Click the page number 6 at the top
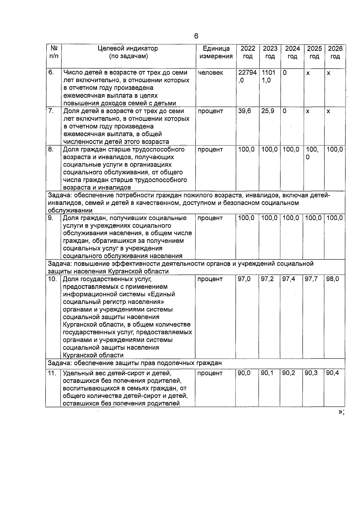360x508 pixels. pos(196,36)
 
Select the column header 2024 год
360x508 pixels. pos(292,52)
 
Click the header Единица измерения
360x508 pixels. pos(216,52)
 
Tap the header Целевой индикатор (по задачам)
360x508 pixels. pos(128,52)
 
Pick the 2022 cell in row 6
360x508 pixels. pos(247,76)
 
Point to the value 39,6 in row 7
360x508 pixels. pos(244,111)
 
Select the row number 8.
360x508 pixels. pos(51,149)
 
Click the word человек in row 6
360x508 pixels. pos(210,73)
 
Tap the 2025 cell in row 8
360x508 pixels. pos(312,153)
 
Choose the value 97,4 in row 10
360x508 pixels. pos(289,279)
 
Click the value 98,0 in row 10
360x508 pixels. pos(332,279)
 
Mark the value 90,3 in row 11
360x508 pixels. pos(311,373)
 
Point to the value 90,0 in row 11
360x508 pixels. pos(244,373)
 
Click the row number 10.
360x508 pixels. pos(52,279)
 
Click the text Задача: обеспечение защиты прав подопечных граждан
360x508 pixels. pos(135,363)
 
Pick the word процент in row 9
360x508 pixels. pos(210,218)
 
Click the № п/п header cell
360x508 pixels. pos(53,52)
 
